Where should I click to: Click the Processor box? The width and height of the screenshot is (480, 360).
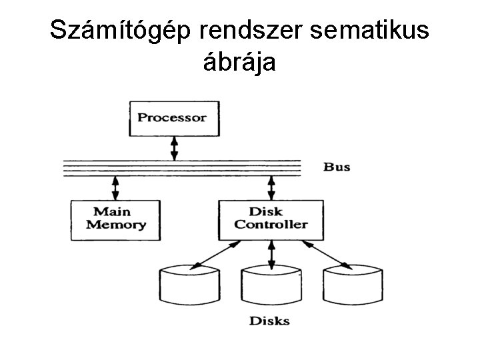[173, 118]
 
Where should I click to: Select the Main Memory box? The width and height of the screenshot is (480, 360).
[115, 219]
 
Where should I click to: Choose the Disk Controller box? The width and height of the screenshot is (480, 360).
[271, 219]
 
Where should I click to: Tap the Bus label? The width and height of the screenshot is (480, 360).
[337, 167]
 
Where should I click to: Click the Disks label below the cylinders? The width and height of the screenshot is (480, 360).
[269, 321]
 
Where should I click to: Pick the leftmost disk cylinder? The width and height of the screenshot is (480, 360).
[190, 285]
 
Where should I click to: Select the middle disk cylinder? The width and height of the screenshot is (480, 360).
[271, 285]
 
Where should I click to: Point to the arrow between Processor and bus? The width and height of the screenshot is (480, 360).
[174, 148]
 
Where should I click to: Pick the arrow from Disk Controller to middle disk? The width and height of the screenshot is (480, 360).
[271, 253]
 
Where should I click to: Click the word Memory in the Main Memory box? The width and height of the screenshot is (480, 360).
[115, 225]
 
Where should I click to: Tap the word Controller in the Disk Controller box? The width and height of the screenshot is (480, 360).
[271, 225]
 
